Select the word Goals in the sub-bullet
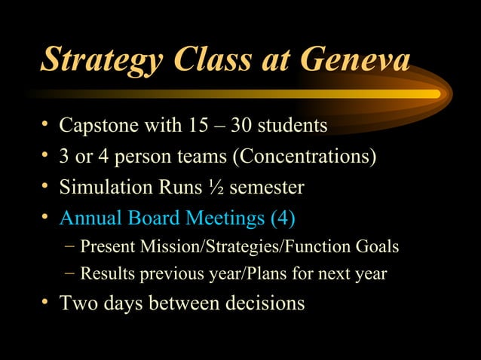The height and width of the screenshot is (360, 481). point(377,246)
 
